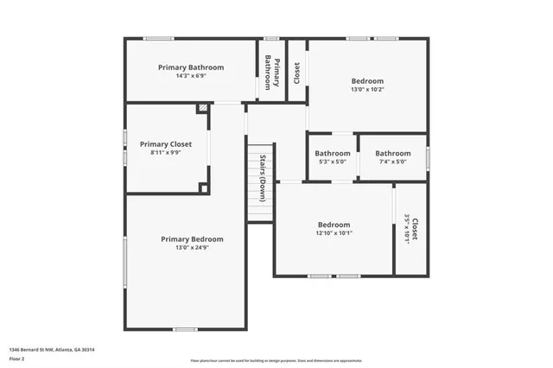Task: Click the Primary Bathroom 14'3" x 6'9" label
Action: point(190,67)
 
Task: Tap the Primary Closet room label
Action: point(165,144)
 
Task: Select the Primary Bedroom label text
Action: point(192,239)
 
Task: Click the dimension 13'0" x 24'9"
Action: point(192,248)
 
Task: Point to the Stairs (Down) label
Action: point(261,178)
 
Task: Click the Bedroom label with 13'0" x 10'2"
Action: point(367,81)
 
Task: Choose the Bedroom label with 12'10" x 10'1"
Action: point(334,224)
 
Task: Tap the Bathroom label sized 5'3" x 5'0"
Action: point(333,154)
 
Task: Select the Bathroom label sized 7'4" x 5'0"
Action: point(392,154)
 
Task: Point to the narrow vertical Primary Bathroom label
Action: point(272,73)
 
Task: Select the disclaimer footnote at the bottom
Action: point(276,359)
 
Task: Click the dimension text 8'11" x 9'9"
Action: point(165,153)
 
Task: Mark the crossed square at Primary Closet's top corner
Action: point(202,109)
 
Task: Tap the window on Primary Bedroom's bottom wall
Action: point(185,329)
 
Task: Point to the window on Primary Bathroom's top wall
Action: point(158,38)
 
